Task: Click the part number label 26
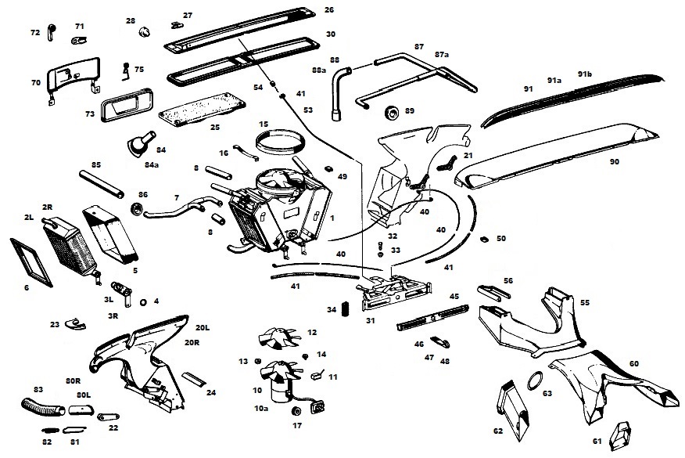[x=329, y=9]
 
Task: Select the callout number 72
[x=35, y=32]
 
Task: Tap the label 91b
[x=585, y=74]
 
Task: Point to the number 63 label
[x=547, y=393]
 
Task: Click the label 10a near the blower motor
[x=261, y=408]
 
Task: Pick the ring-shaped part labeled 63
[x=535, y=380]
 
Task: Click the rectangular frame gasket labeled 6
[x=31, y=262]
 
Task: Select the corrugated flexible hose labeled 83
[x=43, y=406]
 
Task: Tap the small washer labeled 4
[x=143, y=302]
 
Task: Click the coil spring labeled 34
[x=344, y=308]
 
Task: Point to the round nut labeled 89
[x=392, y=113]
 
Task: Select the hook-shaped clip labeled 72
[x=50, y=32]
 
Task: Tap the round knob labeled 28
[x=144, y=31]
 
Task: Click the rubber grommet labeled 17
[x=297, y=412]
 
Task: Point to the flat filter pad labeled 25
[x=202, y=110]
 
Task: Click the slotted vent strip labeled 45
[x=432, y=318]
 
